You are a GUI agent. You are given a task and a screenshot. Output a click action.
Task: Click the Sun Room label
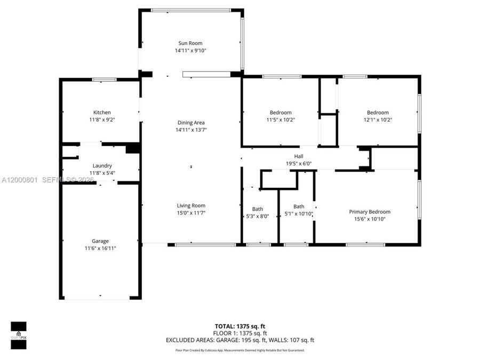[x=190, y=43]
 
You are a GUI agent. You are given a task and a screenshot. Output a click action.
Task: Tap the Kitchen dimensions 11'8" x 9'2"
[x=102, y=120]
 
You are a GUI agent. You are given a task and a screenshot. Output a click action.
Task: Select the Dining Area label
[x=191, y=123]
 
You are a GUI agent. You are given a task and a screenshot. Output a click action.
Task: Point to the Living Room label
[x=191, y=205]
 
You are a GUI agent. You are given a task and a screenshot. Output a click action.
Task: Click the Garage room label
[x=100, y=241]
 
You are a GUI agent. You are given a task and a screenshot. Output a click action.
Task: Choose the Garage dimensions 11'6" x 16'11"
[x=100, y=249]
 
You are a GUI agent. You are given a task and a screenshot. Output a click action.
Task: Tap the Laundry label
[x=102, y=166]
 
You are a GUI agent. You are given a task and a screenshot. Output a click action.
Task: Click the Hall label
[x=299, y=156]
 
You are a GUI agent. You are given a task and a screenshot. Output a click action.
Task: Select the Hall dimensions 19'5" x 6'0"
[x=299, y=164]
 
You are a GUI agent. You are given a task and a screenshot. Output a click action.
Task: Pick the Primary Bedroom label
[x=370, y=212]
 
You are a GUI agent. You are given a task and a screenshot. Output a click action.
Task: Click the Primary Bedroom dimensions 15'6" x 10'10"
[x=370, y=219]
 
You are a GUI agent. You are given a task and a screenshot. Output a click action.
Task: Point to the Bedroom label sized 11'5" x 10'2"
[x=281, y=113]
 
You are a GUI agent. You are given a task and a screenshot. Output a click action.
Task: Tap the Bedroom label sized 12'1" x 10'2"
[x=378, y=113]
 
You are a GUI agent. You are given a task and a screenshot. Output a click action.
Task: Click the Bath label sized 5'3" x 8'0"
[x=258, y=209]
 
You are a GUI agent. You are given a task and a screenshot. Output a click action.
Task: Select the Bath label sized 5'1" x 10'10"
[x=299, y=206]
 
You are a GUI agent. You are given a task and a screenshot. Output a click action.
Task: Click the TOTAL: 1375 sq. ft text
[x=240, y=325]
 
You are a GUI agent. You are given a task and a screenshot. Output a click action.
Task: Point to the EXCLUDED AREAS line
[x=240, y=340]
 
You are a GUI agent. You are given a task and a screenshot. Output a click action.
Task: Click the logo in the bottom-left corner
[x=19, y=334]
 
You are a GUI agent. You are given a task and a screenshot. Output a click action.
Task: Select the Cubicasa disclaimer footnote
[x=240, y=350]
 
